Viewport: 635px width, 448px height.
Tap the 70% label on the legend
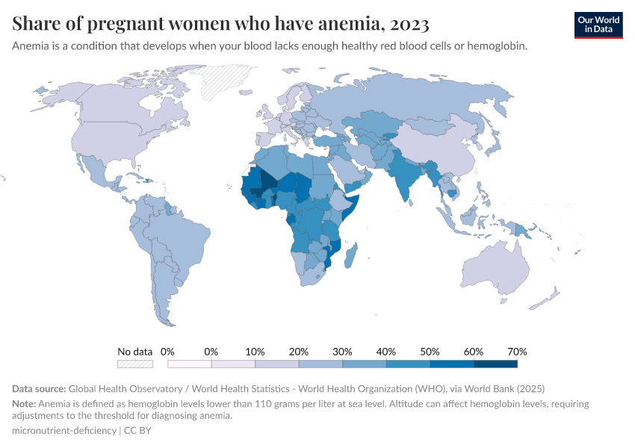(x=517, y=351)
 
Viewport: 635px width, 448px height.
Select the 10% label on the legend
(x=255, y=351)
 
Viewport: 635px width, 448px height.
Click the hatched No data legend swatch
(x=135, y=364)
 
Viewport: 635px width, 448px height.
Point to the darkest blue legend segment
(x=495, y=364)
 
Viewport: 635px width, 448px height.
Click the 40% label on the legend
(x=385, y=351)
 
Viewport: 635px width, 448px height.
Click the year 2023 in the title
(x=409, y=25)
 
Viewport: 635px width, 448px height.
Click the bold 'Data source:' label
(x=39, y=389)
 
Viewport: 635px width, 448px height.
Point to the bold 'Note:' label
(x=24, y=403)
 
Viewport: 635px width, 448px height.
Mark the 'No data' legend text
(x=135, y=351)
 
